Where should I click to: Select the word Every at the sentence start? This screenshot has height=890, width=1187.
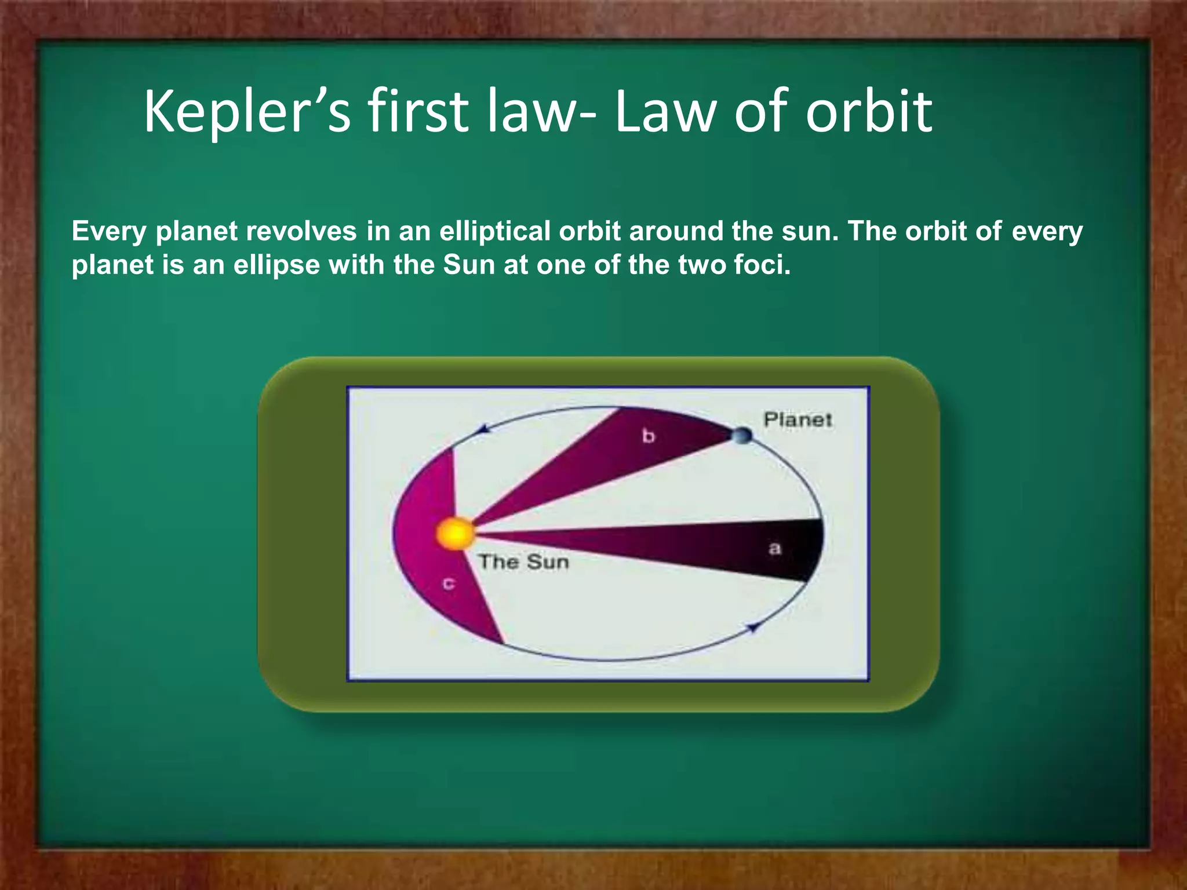109,232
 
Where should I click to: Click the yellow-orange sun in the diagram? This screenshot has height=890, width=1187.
455,534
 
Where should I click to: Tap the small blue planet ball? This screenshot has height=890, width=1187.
742,435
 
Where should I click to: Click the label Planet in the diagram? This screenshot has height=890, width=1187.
798,420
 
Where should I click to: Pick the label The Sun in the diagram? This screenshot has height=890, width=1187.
523,562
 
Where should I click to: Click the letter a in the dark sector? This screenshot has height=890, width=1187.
774,548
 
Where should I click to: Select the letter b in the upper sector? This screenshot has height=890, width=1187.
648,436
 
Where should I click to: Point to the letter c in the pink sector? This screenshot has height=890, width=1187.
448,583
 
